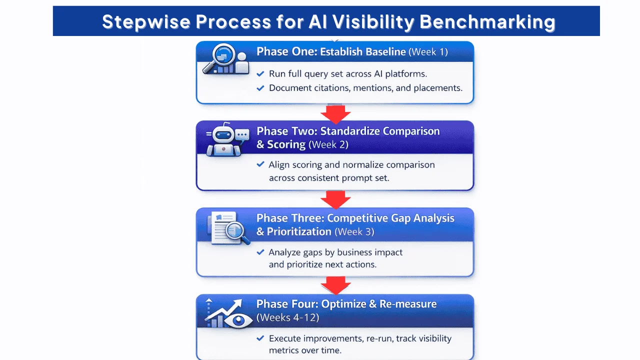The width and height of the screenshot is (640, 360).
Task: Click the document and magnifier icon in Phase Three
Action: click(x=228, y=228)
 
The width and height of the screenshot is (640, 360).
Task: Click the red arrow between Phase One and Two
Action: click(x=335, y=113)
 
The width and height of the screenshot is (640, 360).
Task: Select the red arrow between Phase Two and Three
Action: click(x=335, y=199)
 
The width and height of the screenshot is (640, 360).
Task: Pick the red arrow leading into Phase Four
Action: click(x=335, y=285)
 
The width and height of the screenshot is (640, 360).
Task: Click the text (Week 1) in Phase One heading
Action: click(x=428, y=51)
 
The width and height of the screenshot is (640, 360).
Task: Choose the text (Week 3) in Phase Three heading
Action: click(x=354, y=231)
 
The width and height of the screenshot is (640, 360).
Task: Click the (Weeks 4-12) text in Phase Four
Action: click(x=287, y=317)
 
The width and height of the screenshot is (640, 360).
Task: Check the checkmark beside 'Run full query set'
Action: click(x=260, y=74)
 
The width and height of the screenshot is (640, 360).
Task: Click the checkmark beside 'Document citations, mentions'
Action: click(x=260, y=88)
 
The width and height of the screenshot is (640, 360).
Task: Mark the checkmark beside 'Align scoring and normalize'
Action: click(x=260, y=164)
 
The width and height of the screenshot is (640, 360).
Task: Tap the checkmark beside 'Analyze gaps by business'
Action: click(x=260, y=252)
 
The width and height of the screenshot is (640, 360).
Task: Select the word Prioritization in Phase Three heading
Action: click(x=299, y=231)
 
